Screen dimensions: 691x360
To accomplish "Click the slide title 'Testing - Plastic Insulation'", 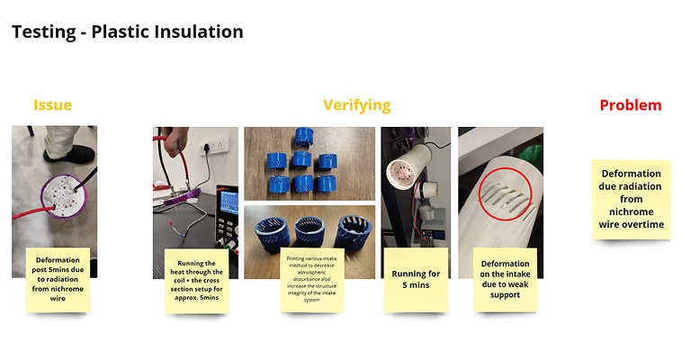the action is pos(128,31).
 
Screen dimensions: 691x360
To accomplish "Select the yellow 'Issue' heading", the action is pos(52,105).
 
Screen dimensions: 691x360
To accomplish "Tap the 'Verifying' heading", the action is pos(357,105).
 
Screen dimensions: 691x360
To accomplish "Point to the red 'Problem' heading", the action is pos(631,105).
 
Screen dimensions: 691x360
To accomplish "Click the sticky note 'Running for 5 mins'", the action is pos(416,280).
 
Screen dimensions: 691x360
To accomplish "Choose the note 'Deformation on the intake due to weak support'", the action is pos(505,279).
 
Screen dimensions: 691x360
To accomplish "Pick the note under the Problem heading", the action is pos(631,200).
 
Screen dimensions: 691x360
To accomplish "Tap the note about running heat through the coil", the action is pos(196,281).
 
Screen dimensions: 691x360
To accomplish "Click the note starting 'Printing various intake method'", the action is pos(311,280).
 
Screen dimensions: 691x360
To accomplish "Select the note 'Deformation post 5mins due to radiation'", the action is pos(58,280).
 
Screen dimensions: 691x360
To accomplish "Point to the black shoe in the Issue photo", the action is pos(69,154).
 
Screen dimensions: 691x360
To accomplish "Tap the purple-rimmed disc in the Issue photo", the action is pos(64,196).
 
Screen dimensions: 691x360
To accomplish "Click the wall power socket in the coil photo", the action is pos(216,145).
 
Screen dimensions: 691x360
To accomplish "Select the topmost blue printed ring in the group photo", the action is pos(303,137).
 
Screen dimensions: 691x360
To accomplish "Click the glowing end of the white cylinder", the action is pos(400,171).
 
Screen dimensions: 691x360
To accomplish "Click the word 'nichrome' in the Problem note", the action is pos(631,211).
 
